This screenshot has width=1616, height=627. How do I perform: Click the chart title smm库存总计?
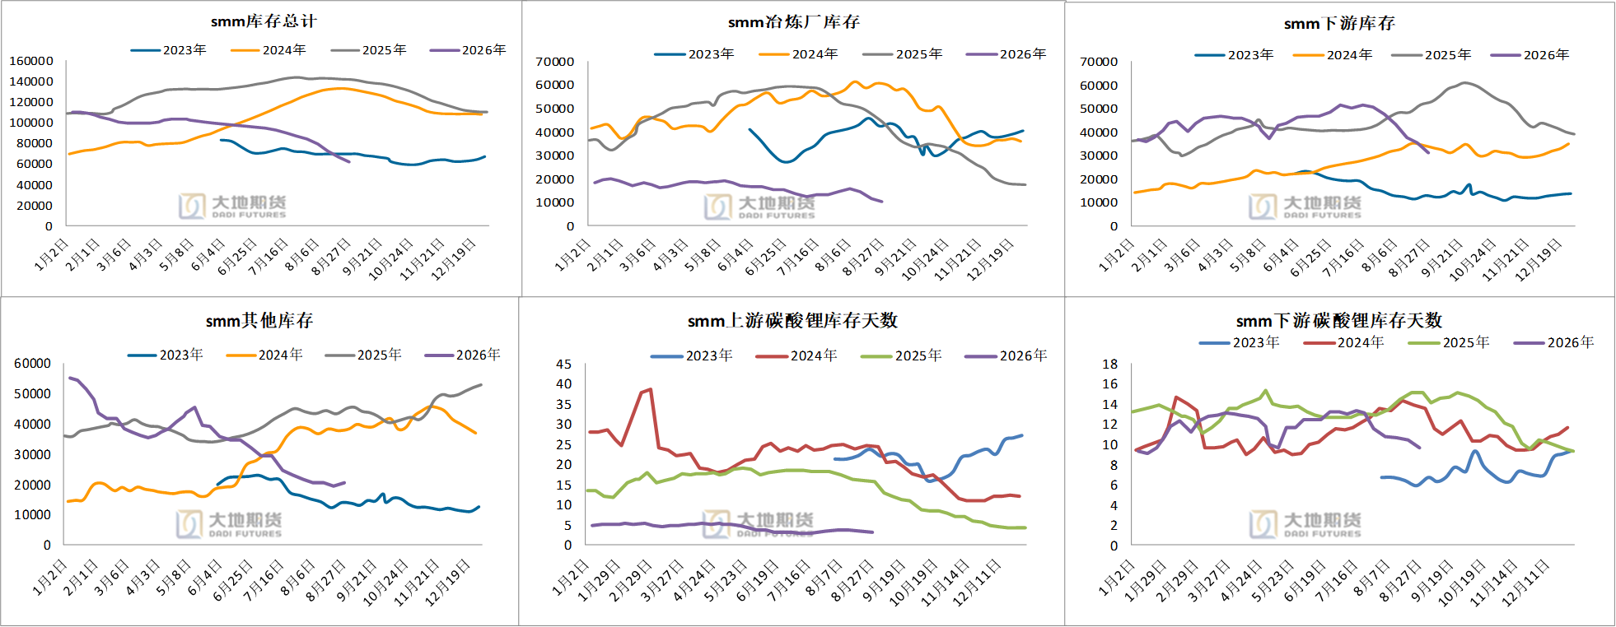pyautogui.click(x=264, y=21)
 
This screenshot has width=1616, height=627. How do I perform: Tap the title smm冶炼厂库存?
pyautogui.click(x=794, y=22)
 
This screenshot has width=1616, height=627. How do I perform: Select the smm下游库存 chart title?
pyautogui.click(x=1339, y=24)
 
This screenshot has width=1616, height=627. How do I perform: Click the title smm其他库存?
pyautogui.click(x=259, y=321)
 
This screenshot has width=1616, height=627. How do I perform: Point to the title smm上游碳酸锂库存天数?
pyautogui.click(x=792, y=321)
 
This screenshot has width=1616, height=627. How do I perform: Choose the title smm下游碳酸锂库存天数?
pyautogui.click(x=1339, y=321)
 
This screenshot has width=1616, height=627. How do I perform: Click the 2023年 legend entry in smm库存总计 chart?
pyautogui.click(x=169, y=50)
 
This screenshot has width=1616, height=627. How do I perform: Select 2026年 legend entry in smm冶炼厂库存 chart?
pyautogui.click(x=1006, y=54)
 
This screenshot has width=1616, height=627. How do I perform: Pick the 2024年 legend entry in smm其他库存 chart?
pyautogui.click(x=264, y=355)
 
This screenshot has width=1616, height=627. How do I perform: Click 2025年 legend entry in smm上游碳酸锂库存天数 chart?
pyautogui.click(x=901, y=356)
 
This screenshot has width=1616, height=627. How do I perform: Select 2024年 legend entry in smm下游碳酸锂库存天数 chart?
pyautogui.click(x=1344, y=342)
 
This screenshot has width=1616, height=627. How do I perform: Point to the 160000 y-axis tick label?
pyautogui.click(x=31, y=61)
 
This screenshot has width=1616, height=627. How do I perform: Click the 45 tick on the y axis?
pyautogui.click(x=564, y=364)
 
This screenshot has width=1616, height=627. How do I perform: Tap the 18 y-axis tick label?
pyautogui.click(x=1110, y=364)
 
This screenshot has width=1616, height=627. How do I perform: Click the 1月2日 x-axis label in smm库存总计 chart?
pyautogui.click(x=51, y=254)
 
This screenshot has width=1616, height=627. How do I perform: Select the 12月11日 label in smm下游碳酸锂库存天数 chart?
pyautogui.click(x=1525, y=583)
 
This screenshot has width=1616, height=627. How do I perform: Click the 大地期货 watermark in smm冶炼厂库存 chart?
pyautogui.click(x=759, y=207)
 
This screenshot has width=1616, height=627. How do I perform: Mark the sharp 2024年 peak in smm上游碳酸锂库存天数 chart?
pyautogui.click(x=651, y=389)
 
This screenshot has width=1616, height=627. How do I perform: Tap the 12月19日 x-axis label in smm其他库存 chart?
pyautogui.click(x=447, y=583)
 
